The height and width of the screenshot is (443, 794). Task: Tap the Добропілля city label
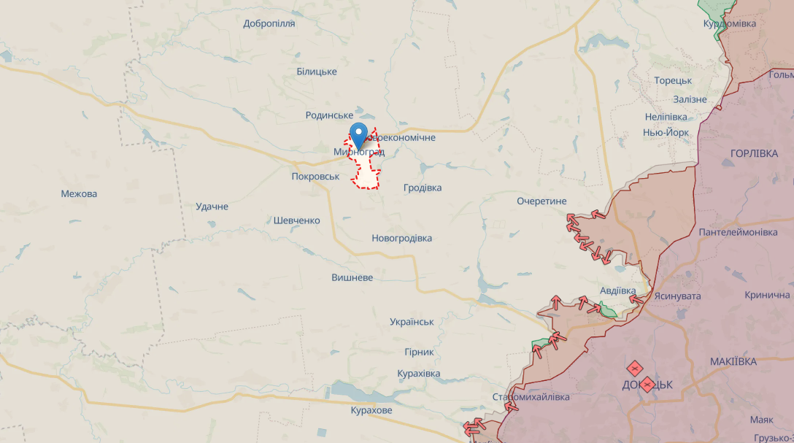pyautogui.click(x=269, y=23)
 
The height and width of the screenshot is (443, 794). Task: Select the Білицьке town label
pyautogui.click(x=317, y=72)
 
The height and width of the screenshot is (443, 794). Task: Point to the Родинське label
pyautogui.click(x=329, y=115)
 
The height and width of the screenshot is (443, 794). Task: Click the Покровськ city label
pyautogui.click(x=315, y=177)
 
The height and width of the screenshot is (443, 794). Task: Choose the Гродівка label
pyautogui.click(x=423, y=188)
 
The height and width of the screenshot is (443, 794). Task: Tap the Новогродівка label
pyautogui.click(x=401, y=238)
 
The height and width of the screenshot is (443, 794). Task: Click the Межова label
pyautogui.click(x=80, y=194)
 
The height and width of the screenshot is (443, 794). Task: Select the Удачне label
pyautogui.click(x=212, y=207)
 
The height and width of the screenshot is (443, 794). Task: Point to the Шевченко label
pyautogui.click(x=297, y=220)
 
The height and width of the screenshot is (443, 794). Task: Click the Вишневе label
pyautogui.click(x=352, y=278)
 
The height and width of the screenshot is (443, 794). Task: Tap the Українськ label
pyautogui.click(x=412, y=322)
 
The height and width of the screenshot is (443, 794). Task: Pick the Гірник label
pyautogui.click(x=419, y=352)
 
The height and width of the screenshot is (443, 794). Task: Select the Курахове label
pyautogui.click(x=372, y=410)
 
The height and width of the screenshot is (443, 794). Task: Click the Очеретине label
pyautogui.click(x=541, y=201)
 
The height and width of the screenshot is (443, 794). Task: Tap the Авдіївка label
pyautogui.click(x=618, y=290)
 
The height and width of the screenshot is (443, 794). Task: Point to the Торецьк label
pyautogui.click(x=673, y=81)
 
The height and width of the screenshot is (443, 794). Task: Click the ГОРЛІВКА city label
pyautogui.click(x=755, y=153)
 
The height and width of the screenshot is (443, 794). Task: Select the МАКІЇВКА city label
pyautogui.click(x=733, y=361)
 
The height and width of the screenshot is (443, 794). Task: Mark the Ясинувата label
pyautogui.click(x=677, y=296)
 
